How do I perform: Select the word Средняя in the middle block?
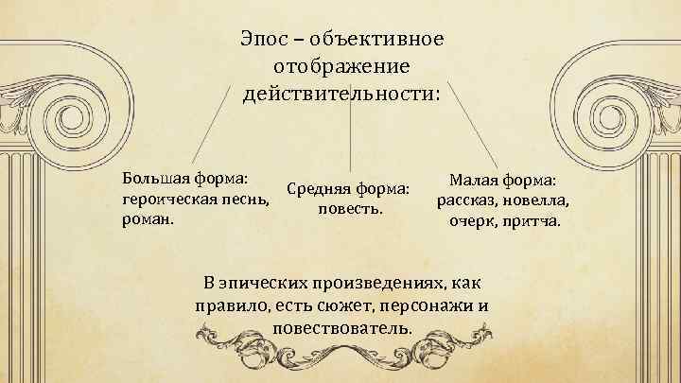tap(318, 190)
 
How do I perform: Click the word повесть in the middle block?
tap(350, 208)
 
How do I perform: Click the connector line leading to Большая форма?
tap(210, 123)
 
